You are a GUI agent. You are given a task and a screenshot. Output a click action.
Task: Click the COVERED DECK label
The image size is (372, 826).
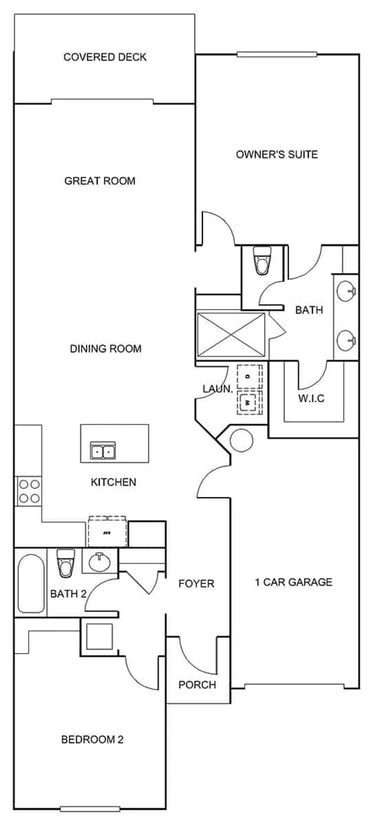tap(105, 57)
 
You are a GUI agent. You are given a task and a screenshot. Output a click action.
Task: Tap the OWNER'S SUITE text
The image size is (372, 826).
tap(277, 154)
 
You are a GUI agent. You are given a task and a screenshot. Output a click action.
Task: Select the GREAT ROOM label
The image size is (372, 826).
tap(99, 181)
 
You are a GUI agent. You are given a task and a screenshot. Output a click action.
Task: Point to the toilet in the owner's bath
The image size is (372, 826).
tap(262, 261)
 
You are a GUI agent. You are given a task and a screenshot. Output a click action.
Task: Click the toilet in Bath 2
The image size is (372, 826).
tap(66, 563)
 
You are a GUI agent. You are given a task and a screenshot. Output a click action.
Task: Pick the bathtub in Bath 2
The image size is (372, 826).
tap(31, 583)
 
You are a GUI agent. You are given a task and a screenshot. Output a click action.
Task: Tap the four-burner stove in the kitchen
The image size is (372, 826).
tap(29, 491)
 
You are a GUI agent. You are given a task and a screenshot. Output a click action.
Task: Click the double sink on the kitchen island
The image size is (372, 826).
tap(103, 451)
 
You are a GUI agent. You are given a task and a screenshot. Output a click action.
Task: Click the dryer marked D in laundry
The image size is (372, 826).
tap(249, 377)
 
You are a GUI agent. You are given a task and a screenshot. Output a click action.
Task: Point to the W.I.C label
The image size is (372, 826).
tap(311, 398)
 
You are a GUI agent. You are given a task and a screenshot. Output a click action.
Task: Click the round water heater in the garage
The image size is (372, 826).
tap(241, 441)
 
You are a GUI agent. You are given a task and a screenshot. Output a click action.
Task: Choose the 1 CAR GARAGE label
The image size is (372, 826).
tap(294, 582)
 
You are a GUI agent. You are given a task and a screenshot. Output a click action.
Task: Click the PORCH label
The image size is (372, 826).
tap(197, 685)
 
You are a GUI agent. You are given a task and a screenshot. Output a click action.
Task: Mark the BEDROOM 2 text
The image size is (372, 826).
tap(92, 739)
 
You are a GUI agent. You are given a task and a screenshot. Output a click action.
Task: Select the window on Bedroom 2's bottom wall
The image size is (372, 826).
tap(90, 809)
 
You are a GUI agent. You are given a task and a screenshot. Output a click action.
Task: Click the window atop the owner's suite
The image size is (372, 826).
tap(277, 55)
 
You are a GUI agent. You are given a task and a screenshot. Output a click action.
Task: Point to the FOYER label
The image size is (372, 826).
tap(196, 584)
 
